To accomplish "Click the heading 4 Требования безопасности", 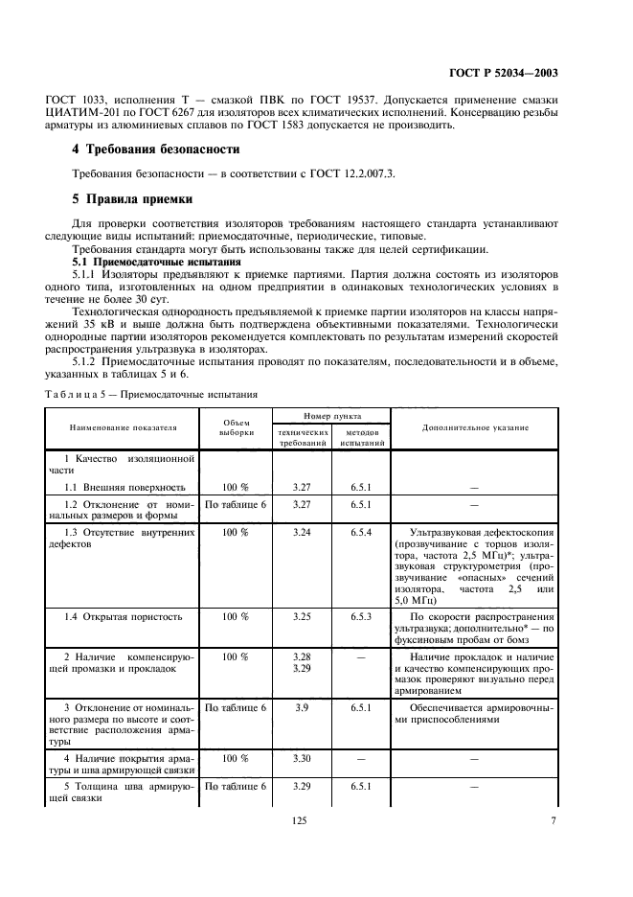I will pos(157,150).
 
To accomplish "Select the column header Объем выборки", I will pos(235,428).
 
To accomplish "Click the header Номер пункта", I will pos(331,416).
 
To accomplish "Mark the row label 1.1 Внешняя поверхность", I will pos(120,487).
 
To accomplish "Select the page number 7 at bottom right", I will pos(554,819).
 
